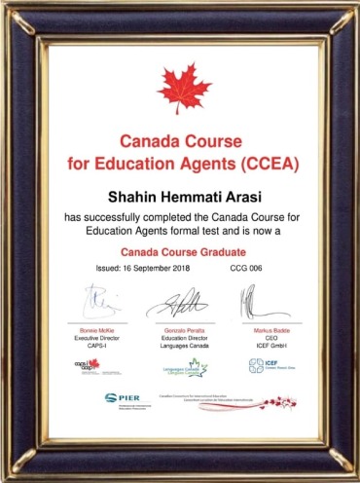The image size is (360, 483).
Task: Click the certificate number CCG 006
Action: click(247, 267)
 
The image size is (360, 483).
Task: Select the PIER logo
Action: click(124, 397)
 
